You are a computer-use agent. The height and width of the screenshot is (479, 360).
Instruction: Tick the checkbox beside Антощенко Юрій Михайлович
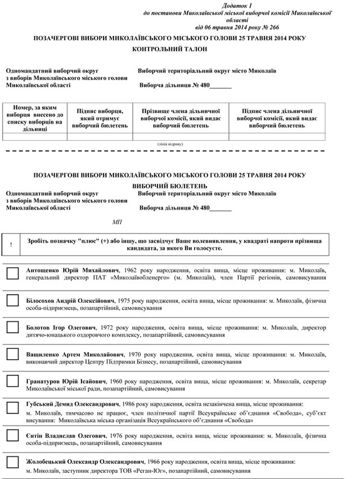click(12, 274)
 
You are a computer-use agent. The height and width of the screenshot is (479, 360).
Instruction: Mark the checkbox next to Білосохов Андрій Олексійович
click(12, 300)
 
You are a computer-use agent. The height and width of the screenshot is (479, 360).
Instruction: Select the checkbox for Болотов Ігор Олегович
click(12, 327)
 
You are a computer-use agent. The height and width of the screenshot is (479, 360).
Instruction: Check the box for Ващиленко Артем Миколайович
click(12, 354)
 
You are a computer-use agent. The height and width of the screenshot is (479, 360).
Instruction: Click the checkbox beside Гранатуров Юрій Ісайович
click(12, 381)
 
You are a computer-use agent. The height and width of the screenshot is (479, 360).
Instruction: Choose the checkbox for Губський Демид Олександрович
click(12, 408)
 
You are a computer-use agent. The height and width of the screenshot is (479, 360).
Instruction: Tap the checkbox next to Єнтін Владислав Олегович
click(12, 435)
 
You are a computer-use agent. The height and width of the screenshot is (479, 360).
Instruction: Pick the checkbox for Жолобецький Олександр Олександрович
click(12, 462)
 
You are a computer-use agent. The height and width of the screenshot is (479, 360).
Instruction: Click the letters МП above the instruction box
click(116, 222)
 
